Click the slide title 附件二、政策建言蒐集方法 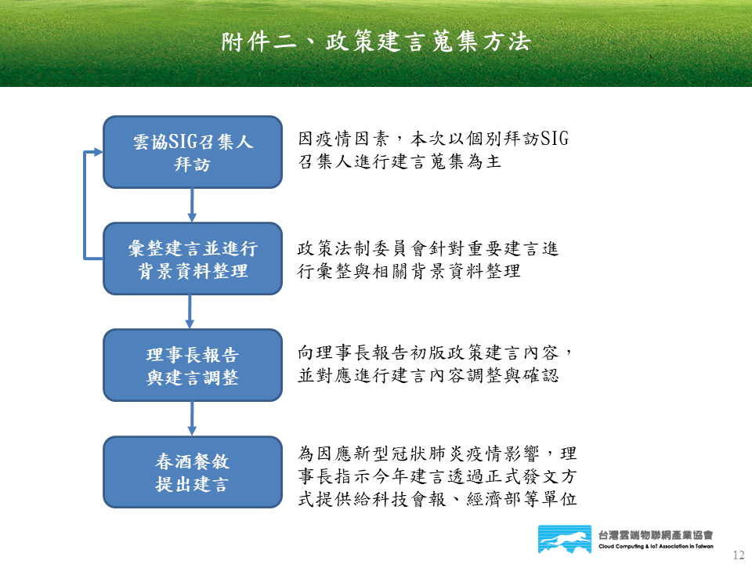(376, 42)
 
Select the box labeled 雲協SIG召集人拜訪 (193, 152)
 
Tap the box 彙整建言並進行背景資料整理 (193, 258)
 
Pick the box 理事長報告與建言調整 (193, 365)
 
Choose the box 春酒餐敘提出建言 (193, 472)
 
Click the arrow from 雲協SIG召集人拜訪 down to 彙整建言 (192, 205)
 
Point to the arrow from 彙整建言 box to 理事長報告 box (190, 312)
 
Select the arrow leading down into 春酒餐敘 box (192, 418)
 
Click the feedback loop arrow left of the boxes (85, 205)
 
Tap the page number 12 (739, 555)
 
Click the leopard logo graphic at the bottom (565, 539)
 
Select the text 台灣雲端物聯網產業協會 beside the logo (656, 535)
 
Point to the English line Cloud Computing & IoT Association (656, 546)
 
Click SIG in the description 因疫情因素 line (555, 139)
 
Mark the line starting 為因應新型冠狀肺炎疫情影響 (437, 454)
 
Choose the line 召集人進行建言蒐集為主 (399, 161)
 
